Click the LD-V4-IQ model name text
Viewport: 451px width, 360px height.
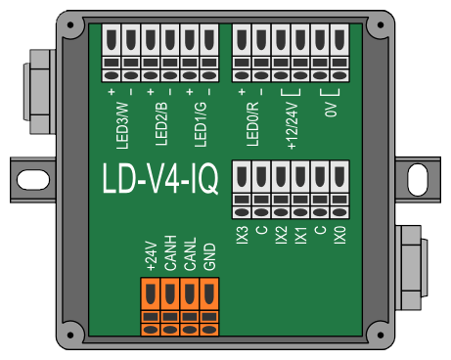click(159, 178)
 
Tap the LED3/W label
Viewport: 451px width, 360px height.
click(122, 125)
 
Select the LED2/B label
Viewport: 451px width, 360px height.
click(161, 123)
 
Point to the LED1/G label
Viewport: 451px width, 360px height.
click(201, 124)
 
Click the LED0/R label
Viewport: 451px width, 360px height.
click(252, 124)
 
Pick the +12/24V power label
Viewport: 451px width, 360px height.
click(293, 126)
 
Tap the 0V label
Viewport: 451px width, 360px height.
click(331, 110)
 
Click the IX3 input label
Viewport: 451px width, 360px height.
click(243, 235)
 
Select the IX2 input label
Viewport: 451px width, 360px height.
click(281, 235)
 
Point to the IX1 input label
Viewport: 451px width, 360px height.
click(300, 235)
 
